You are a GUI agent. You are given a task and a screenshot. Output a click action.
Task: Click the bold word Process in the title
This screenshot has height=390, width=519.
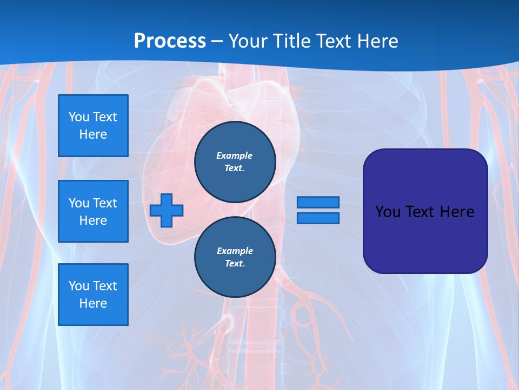[170, 41]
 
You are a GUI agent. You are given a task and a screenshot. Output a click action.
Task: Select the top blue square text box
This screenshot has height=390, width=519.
[93, 126]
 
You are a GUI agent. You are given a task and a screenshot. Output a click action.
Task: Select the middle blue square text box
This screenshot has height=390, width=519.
[93, 211]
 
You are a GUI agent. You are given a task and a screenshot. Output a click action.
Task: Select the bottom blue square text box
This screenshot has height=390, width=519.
[93, 295]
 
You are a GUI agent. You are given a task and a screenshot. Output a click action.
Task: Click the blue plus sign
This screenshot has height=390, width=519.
[167, 210]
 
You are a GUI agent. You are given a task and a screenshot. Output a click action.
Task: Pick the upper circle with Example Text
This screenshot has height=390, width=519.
[235, 161]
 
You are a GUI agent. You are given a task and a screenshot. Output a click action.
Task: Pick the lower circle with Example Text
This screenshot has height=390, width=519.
[235, 257]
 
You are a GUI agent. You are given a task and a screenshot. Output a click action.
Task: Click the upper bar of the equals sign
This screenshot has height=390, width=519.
[318, 203]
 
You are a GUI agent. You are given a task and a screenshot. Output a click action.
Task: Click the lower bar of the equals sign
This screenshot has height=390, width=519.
[318, 218]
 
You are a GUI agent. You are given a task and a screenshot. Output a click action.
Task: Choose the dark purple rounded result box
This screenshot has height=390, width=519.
[425, 238]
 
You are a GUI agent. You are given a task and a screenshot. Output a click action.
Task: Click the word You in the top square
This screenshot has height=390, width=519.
[79, 117]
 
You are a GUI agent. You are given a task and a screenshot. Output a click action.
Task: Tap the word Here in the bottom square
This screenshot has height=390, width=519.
[93, 303]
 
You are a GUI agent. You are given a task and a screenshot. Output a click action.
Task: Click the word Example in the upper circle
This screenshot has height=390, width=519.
[235, 155]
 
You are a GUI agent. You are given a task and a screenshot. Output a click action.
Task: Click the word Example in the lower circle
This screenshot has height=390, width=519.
[235, 251]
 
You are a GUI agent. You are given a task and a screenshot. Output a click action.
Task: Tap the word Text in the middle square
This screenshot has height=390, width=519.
[105, 203]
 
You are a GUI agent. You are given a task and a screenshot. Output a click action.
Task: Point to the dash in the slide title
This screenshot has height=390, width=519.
[217, 41]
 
